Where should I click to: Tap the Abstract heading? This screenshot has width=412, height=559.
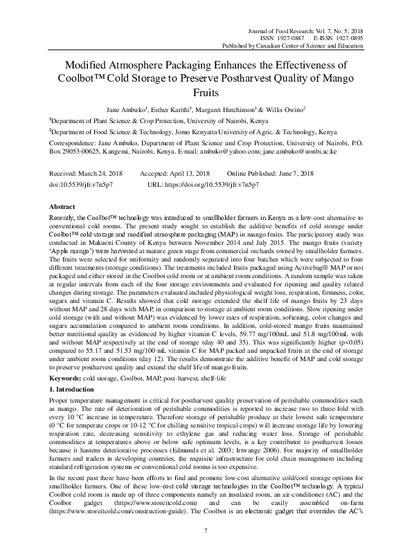pyautogui.click(x=62, y=207)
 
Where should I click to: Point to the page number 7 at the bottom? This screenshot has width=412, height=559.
pyautogui.click(x=206, y=530)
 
